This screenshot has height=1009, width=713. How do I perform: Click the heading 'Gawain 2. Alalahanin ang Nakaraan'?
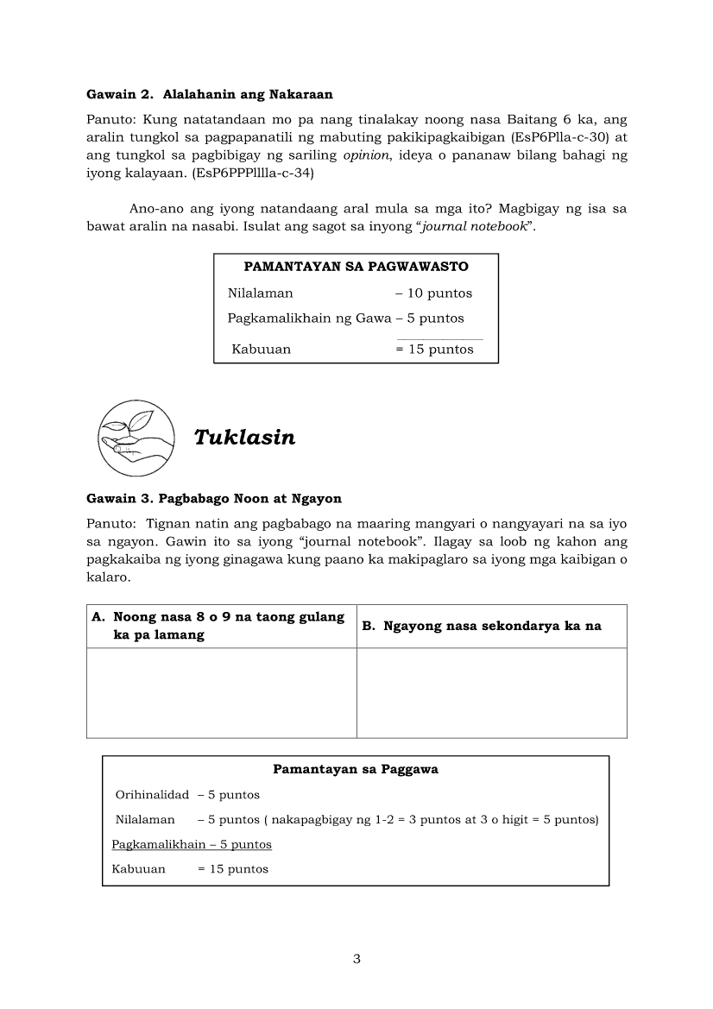210,93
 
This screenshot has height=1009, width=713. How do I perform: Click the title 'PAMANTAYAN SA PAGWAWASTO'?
356,267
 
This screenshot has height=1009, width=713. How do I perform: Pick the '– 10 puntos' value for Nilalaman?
433,293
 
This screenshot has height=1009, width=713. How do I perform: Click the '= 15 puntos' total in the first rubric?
434,350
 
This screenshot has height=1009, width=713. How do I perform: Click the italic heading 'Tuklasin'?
244,438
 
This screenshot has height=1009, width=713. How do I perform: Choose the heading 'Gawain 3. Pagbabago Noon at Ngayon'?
214,499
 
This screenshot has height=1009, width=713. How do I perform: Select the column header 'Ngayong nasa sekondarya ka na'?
492,627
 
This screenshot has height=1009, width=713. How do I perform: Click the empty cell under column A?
222,693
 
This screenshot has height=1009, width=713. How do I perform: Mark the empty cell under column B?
492,693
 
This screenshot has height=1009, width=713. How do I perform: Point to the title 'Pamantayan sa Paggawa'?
356,769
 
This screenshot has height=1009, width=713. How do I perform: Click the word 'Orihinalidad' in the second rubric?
152,795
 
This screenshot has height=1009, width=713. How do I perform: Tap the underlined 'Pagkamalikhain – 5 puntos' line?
192,844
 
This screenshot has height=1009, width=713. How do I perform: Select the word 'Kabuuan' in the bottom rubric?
139,869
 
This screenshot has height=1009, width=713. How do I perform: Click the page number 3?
356,960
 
